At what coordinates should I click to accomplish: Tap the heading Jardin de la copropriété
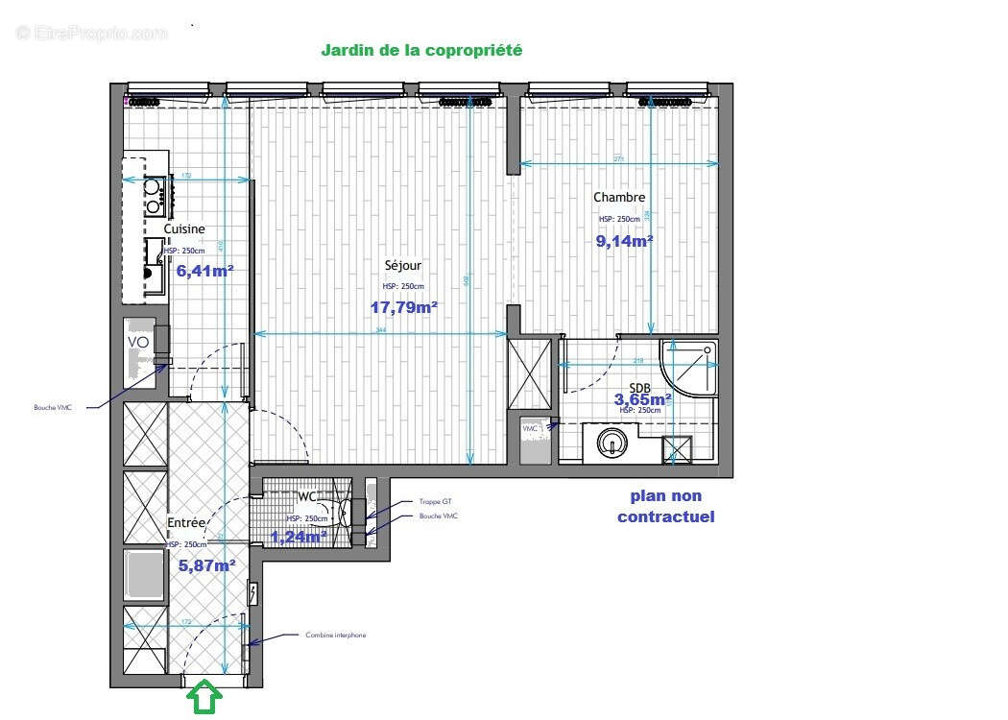pyautogui.click(x=421, y=50)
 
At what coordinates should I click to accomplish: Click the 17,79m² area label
pyautogui.click(x=403, y=307)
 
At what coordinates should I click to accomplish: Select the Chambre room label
pyautogui.click(x=619, y=198)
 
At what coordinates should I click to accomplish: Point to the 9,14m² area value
pyautogui.click(x=625, y=241)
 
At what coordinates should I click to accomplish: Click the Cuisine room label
pyautogui.click(x=183, y=229)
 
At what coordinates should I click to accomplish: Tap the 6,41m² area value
pyautogui.click(x=204, y=271)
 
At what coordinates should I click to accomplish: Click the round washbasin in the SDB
pyautogui.click(x=612, y=443)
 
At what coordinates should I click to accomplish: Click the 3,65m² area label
pyautogui.click(x=643, y=398)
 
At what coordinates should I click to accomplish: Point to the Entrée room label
pyautogui.click(x=186, y=523)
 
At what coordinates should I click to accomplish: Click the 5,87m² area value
pyautogui.click(x=207, y=565)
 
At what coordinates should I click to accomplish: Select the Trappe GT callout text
pyautogui.click(x=435, y=502)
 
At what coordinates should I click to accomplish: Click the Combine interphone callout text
pyautogui.click(x=335, y=636)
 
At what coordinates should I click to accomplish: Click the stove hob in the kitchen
pyautogui.click(x=153, y=196)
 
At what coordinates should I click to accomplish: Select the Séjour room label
pyautogui.click(x=402, y=266)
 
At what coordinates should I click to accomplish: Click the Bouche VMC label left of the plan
pyautogui.click(x=53, y=407)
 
